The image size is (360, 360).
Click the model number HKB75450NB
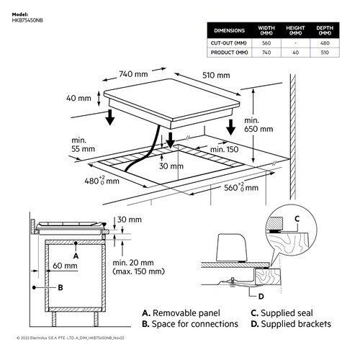(29, 20)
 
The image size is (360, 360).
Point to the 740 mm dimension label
(132, 73)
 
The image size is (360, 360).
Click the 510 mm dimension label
(217, 75)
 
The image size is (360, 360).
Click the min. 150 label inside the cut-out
(224, 148)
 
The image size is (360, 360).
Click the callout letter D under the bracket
(260, 295)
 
